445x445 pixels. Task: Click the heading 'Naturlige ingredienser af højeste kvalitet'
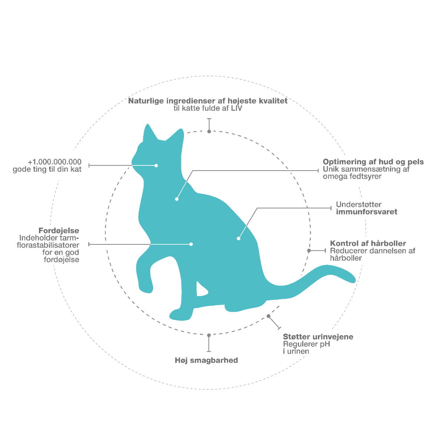click(x=208, y=101)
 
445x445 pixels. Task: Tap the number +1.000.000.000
click(x=55, y=162)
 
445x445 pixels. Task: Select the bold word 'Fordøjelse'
click(x=59, y=230)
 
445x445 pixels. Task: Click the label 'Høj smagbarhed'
click(x=206, y=360)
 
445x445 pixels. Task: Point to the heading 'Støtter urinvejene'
click(x=318, y=337)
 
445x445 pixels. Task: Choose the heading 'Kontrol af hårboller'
click(x=368, y=243)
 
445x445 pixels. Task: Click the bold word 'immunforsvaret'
click(x=366, y=212)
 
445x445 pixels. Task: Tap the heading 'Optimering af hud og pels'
click(x=373, y=162)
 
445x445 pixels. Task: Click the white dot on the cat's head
click(x=156, y=165)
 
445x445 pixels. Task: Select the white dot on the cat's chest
click(x=177, y=199)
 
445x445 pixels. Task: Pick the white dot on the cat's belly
click(x=191, y=244)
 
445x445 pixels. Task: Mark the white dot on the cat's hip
click(x=238, y=238)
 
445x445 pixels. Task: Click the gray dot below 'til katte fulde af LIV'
click(x=209, y=131)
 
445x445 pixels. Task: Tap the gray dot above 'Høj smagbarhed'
click(x=209, y=335)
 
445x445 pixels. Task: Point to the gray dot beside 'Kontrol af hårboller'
click(x=309, y=251)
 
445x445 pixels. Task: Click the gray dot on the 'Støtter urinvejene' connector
click(x=268, y=316)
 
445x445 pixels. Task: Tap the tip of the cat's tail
click(x=355, y=280)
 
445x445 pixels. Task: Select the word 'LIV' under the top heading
click(x=237, y=108)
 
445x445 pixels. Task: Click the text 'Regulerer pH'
click(x=306, y=344)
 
